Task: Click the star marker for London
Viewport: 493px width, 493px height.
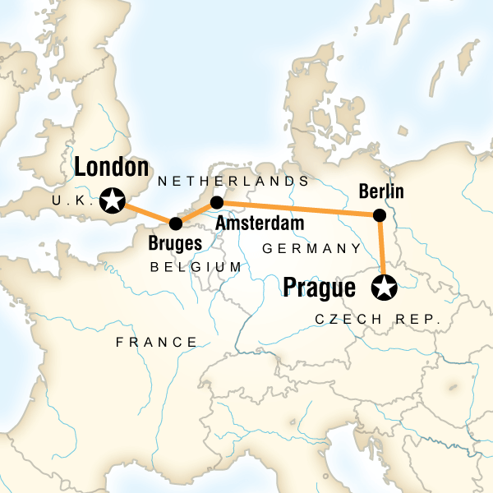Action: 111,198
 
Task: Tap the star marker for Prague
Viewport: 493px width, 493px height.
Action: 384,288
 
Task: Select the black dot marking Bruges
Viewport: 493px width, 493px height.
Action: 175,223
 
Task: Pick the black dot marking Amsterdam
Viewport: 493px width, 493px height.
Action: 217,202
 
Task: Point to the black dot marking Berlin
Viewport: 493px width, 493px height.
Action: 379,216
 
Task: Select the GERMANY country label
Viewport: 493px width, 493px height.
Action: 311,248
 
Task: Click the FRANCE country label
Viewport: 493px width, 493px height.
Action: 156,342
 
